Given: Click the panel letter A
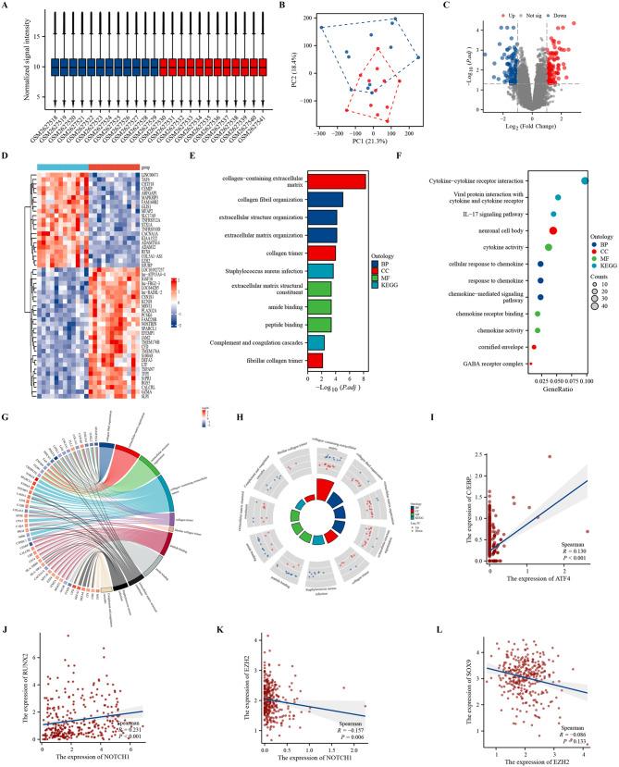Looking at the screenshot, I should coord(8,7).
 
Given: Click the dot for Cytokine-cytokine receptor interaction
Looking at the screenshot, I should coord(585,180).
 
